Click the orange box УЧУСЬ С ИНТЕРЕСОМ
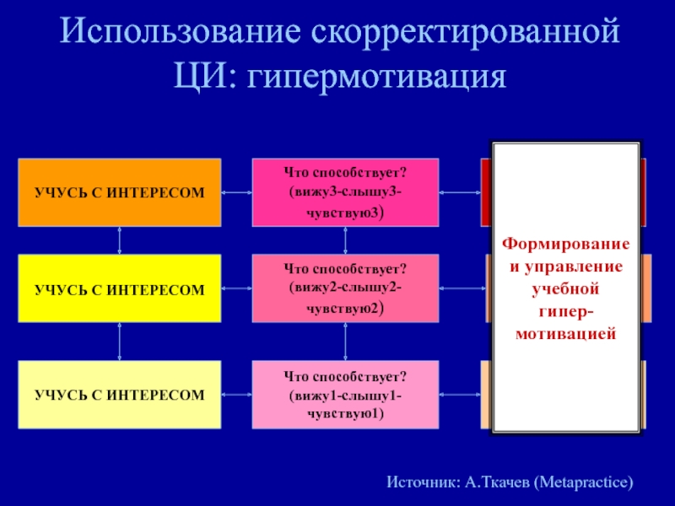point(120,192)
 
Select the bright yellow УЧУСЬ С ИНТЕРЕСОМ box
point(120,288)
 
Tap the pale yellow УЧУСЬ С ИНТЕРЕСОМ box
point(120,394)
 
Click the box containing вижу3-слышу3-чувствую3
point(346,192)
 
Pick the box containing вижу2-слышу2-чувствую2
point(346,288)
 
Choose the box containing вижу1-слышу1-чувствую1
point(346,394)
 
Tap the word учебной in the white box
point(566,289)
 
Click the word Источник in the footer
point(424,483)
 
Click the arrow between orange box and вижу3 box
point(237,192)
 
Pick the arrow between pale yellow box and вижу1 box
point(237,394)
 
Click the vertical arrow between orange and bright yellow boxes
point(120,240)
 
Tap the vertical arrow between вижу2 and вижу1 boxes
point(346,342)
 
